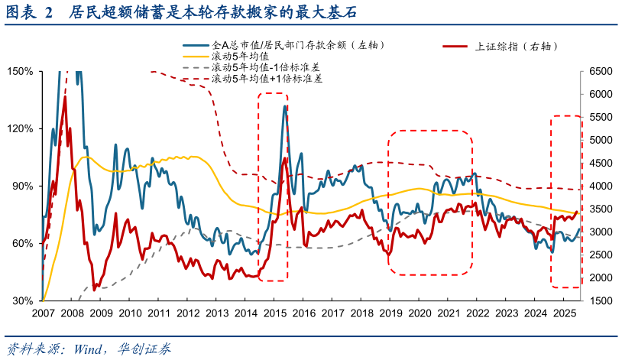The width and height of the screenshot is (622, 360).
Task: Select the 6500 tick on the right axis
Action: pyautogui.click(x=600, y=71)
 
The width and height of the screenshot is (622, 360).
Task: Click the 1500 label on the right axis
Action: pyautogui.click(x=600, y=300)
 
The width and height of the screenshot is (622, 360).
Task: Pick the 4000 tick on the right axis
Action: pyautogui.click(x=600, y=186)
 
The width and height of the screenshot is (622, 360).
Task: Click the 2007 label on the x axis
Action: pyautogui.click(x=43, y=313)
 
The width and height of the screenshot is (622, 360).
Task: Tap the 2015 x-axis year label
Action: pyautogui.click(x=275, y=313)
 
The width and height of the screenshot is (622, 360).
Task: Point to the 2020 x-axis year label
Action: pyautogui.click(x=420, y=313)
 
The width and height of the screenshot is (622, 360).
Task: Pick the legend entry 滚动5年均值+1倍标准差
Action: pyautogui.click(x=266, y=78)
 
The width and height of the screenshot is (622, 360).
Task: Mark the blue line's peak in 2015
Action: pyautogui.click(x=285, y=105)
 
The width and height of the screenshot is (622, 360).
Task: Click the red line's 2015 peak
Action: pyautogui.click(x=285, y=158)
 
